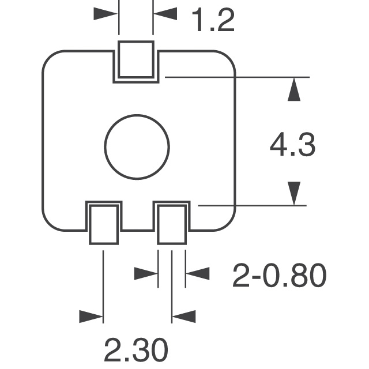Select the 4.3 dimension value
point(292,146)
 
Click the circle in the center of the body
point(137,146)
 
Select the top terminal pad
point(136,59)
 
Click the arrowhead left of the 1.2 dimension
point(106,14)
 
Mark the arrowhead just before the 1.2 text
point(166,14)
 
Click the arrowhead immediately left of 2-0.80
point(197,273)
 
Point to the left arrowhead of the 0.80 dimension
point(146,273)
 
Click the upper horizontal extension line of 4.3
point(236,77)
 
